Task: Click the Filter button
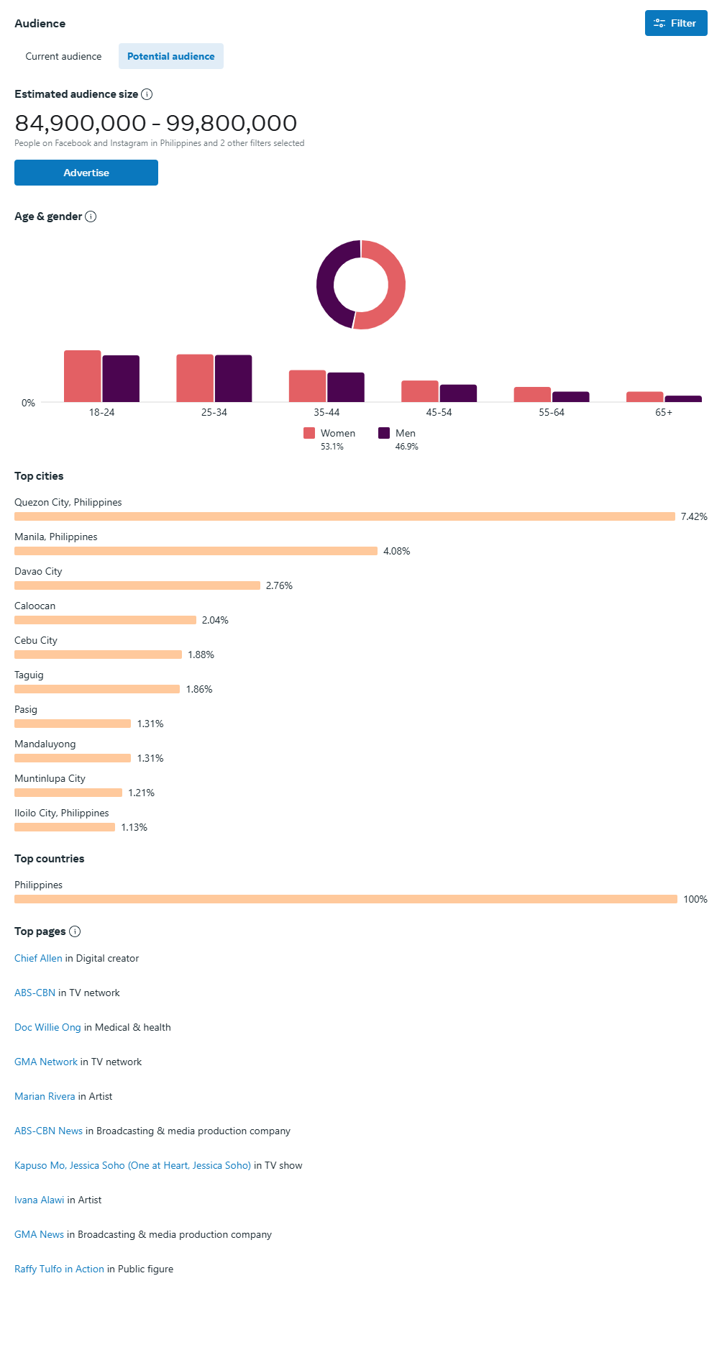(675, 23)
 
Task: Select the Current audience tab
(63, 56)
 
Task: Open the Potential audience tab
(170, 56)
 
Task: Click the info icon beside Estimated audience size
(147, 94)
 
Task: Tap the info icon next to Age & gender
(91, 216)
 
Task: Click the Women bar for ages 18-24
(83, 376)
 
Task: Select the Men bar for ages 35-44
(346, 388)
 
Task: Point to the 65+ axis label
(664, 412)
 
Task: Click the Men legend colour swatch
(384, 433)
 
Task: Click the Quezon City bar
(344, 516)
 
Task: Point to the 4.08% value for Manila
(397, 551)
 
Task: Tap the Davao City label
(38, 571)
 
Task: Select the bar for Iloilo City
(65, 827)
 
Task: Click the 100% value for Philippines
(695, 899)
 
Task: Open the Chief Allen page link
(38, 958)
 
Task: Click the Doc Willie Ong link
(47, 1027)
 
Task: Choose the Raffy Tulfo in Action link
(59, 1269)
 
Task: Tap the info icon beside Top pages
(75, 931)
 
